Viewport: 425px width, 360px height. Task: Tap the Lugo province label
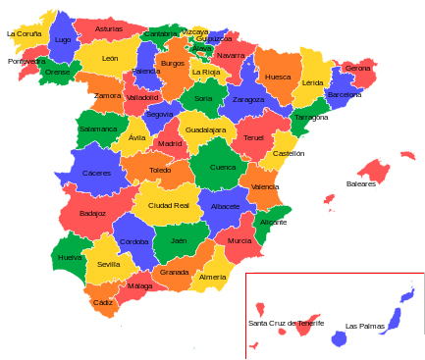tap(63, 40)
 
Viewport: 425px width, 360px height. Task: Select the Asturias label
tap(109, 29)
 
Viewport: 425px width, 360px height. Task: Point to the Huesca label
tap(278, 77)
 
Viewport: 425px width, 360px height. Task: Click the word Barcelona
tap(344, 95)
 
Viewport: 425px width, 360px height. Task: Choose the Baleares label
tap(360, 183)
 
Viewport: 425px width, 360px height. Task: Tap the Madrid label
tap(170, 144)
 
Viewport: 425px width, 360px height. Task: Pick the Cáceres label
tap(96, 174)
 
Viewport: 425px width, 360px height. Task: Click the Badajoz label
tap(92, 213)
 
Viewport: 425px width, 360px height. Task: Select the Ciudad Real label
tap(168, 206)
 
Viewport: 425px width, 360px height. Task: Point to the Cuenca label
tap(223, 168)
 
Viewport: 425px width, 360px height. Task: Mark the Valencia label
tap(265, 186)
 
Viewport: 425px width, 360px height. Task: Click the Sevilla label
tap(109, 264)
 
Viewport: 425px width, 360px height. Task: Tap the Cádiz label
tap(103, 302)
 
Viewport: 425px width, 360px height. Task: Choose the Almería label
tap(213, 278)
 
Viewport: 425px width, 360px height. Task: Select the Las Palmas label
tap(364, 326)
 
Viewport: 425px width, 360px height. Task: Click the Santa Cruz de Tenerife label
tap(286, 323)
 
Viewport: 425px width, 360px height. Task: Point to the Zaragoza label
tap(248, 99)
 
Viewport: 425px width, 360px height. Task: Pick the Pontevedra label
tap(27, 61)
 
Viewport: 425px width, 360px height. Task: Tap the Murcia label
tap(239, 240)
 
